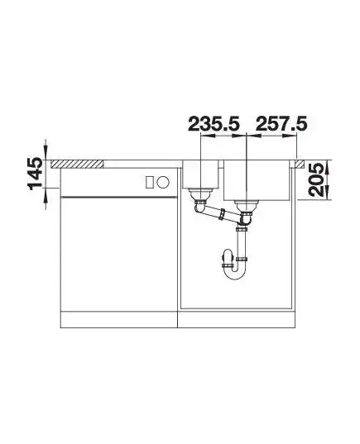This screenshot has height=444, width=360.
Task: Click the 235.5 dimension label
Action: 214,124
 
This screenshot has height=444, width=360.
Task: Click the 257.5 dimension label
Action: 281,124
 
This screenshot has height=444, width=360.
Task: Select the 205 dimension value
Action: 316,179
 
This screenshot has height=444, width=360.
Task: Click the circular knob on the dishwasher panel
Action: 163,182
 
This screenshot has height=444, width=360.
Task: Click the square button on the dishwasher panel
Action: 150,182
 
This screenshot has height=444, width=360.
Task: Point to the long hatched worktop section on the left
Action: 77,165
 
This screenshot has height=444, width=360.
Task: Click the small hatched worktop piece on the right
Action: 300,164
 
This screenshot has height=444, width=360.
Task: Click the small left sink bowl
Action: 200,174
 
